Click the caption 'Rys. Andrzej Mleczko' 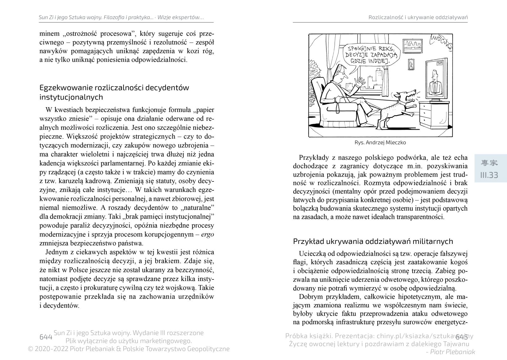(x=380, y=142)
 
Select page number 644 (x=45, y=337)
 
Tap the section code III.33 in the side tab (x=489, y=175)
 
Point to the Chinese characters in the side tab (x=489, y=163)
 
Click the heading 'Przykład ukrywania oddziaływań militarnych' (x=373, y=241)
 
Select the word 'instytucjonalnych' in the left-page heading (x=71, y=97)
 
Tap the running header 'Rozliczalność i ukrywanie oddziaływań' (x=418, y=17)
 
